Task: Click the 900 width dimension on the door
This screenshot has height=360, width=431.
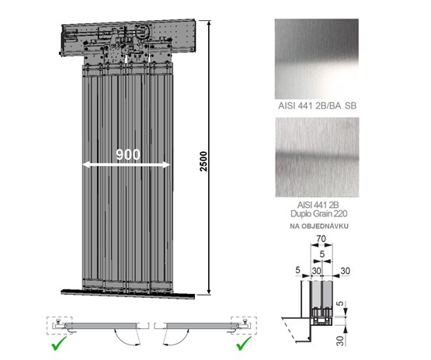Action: pyautogui.click(x=128, y=154)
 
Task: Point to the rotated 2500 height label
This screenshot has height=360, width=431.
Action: pyautogui.click(x=203, y=161)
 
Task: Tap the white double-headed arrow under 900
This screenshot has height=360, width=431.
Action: pyautogui.click(x=127, y=164)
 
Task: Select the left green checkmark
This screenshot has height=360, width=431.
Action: pyautogui.click(x=59, y=343)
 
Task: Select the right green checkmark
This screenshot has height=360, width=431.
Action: pyautogui.click(x=244, y=343)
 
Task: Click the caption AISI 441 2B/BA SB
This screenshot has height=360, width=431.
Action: pyautogui.click(x=317, y=106)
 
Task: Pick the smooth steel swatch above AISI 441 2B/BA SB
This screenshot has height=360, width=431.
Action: pyautogui.click(x=317, y=59)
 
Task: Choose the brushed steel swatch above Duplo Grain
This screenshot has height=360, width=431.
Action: pyautogui.click(x=317, y=157)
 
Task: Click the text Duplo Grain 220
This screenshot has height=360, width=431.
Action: pyautogui.click(x=319, y=213)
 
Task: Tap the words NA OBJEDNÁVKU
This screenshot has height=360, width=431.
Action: pyautogui.click(x=319, y=227)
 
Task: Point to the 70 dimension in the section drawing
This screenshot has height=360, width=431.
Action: pyautogui.click(x=321, y=239)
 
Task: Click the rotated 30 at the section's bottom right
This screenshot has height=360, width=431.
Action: pyautogui.click(x=340, y=341)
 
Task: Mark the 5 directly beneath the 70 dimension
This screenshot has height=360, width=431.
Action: pyautogui.click(x=322, y=254)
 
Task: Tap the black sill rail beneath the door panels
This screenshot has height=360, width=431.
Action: pyautogui.click(x=128, y=293)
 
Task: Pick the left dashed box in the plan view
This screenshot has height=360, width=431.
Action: pyautogui.click(x=60, y=325)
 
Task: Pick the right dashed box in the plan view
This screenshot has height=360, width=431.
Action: pyautogui.click(x=244, y=325)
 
